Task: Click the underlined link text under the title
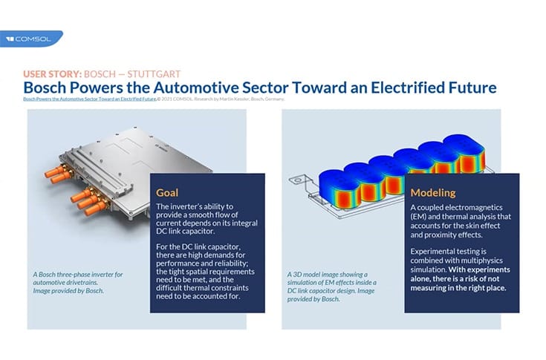(89, 99)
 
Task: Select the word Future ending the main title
(471, 88)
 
